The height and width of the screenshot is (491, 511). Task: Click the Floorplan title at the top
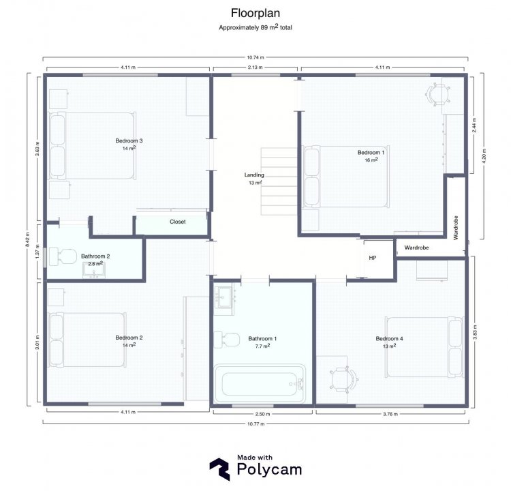click(255, 13)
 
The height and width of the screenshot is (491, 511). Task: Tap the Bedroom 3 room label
click(129, 140)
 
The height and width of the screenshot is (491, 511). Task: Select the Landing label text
click(254, 175)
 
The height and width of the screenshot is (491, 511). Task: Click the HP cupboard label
click(373, 258)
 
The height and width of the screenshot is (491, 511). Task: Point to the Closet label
click(178, 222)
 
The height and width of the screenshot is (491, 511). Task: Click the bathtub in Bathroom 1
click(260, 384)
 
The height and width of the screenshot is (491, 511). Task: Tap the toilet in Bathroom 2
click(62, 256)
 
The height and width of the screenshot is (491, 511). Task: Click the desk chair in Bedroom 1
click(438, 95)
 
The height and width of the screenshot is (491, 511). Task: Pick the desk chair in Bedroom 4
click(343, 380)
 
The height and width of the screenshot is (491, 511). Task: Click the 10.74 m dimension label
click(255, 57)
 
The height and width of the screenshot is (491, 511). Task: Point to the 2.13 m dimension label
click(255, 68)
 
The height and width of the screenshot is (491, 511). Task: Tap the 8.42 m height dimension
click(28, 239)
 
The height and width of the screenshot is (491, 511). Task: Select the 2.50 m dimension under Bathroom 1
click(262, 414)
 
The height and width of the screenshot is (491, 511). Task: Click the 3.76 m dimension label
click(390, 414)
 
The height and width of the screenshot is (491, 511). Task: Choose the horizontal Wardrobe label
click(416, 248)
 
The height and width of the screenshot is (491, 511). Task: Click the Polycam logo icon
click(220, 469)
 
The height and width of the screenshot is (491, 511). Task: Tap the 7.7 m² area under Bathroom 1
click(262, 346)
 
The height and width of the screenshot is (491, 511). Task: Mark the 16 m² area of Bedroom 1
click(371, 160)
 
